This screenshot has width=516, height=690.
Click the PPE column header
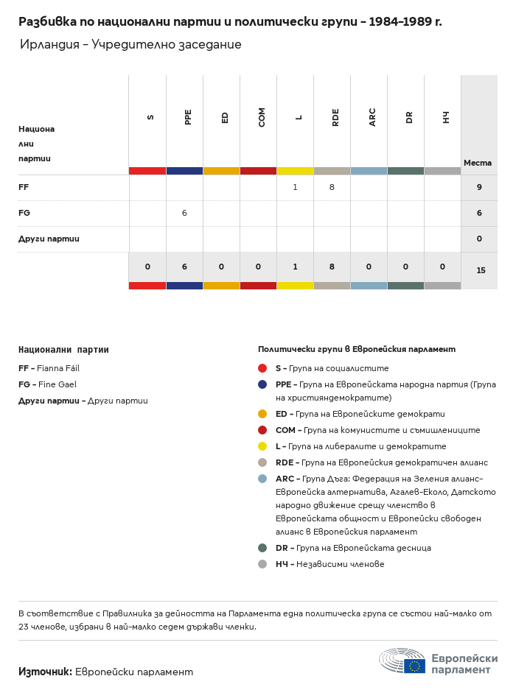coord(188,117)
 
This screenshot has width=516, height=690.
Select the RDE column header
coord(335,117)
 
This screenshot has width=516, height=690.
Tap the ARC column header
coord(372,117)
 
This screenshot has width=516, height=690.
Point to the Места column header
coord(478,163)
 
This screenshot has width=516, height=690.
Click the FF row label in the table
coord(24,188)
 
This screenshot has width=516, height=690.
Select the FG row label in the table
coord(24,213)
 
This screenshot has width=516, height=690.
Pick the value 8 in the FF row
coord(332,188)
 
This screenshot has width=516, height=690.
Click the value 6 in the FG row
coord(184,213)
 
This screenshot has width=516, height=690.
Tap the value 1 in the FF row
coord(295,188)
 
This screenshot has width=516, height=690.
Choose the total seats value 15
coord(481,270)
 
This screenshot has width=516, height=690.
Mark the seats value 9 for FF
coord(479,188)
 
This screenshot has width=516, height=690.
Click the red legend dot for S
coord(262,368)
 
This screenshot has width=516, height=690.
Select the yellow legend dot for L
coord(262,446)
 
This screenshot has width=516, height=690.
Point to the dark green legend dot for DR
coord(262,548)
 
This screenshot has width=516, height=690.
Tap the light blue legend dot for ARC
coord(262,479)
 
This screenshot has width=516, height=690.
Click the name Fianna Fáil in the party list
coord(58,368)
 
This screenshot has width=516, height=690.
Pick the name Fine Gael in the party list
coord(57,384)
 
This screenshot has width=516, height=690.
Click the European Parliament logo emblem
coord(402,661)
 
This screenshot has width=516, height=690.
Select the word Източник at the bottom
coord(45,672)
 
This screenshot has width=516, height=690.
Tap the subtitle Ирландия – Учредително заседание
coord(130,45)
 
